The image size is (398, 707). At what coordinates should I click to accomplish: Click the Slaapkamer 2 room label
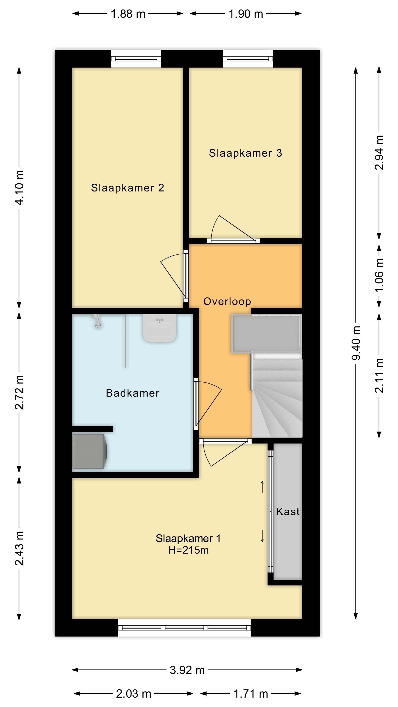[128, 188]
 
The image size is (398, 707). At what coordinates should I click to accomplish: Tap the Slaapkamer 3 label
[245, 153]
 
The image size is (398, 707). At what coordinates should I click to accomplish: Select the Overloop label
[227, 301]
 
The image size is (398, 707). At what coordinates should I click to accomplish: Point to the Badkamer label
[132, 393]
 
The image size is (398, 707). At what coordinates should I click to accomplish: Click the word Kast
[288, 512]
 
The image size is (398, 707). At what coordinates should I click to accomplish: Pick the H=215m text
[188, 550]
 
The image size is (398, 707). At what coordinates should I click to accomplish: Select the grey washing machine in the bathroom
[90, 451]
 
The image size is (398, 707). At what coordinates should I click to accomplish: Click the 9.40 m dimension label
[356, 343]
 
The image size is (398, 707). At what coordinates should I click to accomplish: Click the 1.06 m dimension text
[379, 276]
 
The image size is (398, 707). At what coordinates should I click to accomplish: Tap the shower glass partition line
[125, 341]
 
